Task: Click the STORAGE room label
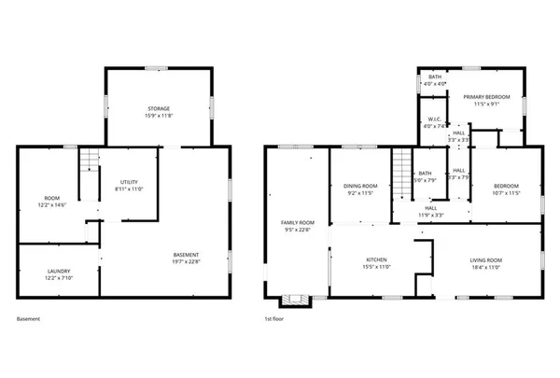click(158, 112)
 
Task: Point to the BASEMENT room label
click(186, 259)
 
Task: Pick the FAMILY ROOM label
click(299, 226)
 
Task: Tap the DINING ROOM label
click(359, 189)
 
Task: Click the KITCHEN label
click(376, 263)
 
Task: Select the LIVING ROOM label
click(486, 263)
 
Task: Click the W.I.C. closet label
click(435, 122)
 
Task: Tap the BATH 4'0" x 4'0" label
click(435, 80)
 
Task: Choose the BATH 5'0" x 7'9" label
click(426, 176)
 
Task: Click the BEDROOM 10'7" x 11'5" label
click(503, 189)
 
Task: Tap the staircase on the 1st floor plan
click(400, 172)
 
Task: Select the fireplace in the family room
click(298, 300)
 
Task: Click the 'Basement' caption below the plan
click(28, 319)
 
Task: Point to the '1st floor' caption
click(274, 319)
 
